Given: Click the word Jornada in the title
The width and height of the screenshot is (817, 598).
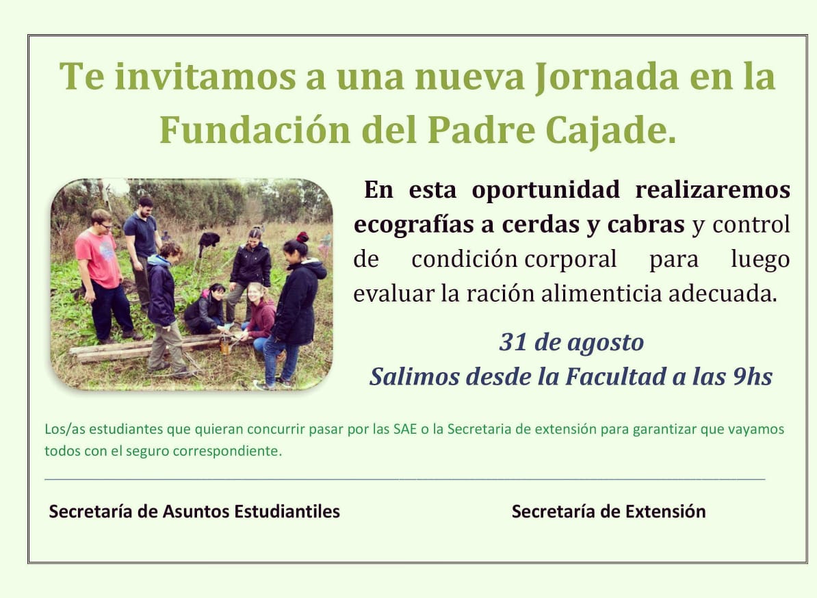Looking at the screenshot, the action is pyautogui.click(x=607, y=77).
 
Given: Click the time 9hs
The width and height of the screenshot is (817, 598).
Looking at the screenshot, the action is pyautogui.click(x=753, y=376).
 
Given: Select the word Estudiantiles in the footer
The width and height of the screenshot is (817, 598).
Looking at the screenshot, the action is pyautogui.click(x=287, y=511).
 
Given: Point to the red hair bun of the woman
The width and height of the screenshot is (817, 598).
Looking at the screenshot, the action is pyautogui.click(x=302, y=237).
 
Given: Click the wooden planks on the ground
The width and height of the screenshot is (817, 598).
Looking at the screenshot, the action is pyautogui.click(x=151, y=348).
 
